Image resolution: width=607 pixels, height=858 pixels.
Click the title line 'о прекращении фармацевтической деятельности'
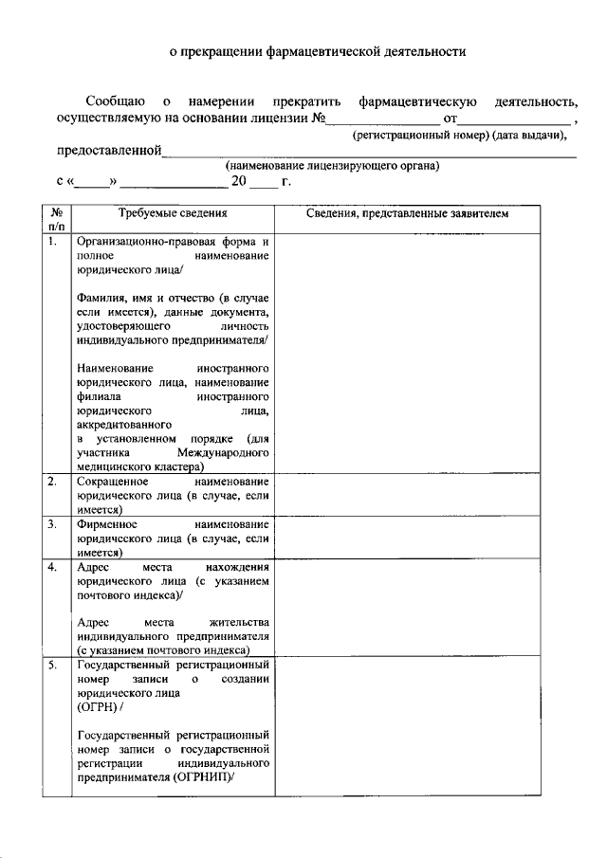303,53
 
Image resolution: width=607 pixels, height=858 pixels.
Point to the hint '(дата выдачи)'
532,137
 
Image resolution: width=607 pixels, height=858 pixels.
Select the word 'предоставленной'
108,151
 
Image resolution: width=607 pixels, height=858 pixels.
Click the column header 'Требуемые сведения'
173,214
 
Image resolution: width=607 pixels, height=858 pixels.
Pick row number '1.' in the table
54,243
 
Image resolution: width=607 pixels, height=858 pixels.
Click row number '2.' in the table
53,482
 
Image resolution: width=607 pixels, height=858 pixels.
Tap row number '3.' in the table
53,524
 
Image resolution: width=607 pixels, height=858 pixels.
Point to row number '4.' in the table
53,567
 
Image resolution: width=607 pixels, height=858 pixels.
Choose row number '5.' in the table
53,666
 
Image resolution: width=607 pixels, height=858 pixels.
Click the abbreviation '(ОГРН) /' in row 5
99,706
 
